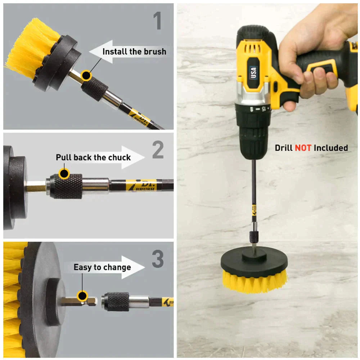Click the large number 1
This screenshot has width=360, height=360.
157,21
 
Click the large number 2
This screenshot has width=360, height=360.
158,150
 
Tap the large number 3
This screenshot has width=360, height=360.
157,259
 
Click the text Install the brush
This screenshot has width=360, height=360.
134,51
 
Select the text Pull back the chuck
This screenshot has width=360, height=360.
93,157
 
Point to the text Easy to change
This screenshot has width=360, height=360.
102,267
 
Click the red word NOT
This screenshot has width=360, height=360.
303,148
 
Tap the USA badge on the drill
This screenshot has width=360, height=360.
253,72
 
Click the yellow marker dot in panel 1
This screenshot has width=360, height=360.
86,75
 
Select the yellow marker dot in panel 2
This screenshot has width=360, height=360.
64,174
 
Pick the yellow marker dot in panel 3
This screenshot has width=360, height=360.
82,296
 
